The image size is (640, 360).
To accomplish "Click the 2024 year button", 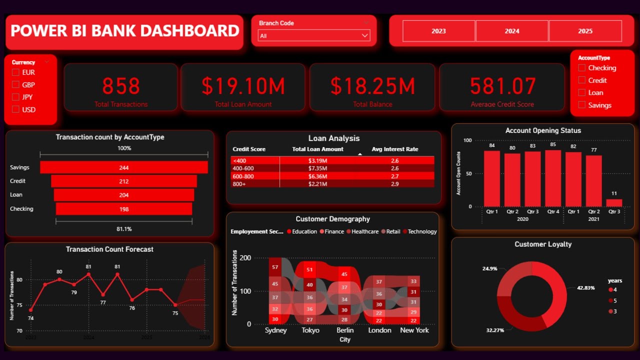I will (x=511, y=31).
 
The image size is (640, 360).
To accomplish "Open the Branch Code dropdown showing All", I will (x=314, y=35).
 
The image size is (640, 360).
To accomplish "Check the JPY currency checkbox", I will (x=15, y=97).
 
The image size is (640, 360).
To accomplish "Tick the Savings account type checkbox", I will (x=581, y=105).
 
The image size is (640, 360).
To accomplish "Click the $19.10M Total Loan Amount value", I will (x=243, y=86).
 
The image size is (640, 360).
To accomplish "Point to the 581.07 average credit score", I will (x=502, y=86).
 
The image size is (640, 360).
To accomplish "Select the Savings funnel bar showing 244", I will (x=124, y=167).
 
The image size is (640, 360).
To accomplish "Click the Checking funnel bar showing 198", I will (x=124, y=209).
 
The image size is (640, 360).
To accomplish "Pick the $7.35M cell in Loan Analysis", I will (x=317, y=168).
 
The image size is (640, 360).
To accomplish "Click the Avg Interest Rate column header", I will (x=394, y=149).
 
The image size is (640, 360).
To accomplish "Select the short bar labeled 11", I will (x=614, y=203).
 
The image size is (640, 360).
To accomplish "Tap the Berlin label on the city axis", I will (x=345, y=330).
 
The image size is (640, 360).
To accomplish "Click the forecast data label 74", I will (x=30, y=318).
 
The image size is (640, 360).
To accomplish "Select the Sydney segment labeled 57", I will (x=275, y=267).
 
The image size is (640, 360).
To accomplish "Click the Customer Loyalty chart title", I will (x=543, y=244).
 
